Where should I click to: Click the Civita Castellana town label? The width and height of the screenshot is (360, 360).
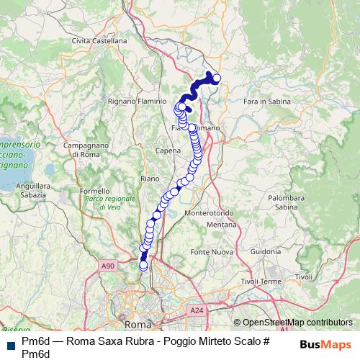tap(99, 41)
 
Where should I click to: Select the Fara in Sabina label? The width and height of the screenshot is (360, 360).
tap(266, 102)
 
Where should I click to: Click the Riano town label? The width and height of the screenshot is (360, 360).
tap(150, 178)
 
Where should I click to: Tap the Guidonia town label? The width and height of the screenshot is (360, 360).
tap(266, 252)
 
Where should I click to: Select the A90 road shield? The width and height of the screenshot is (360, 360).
tap(108, 266)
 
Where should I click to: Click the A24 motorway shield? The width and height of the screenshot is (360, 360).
tap(196, 310)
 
